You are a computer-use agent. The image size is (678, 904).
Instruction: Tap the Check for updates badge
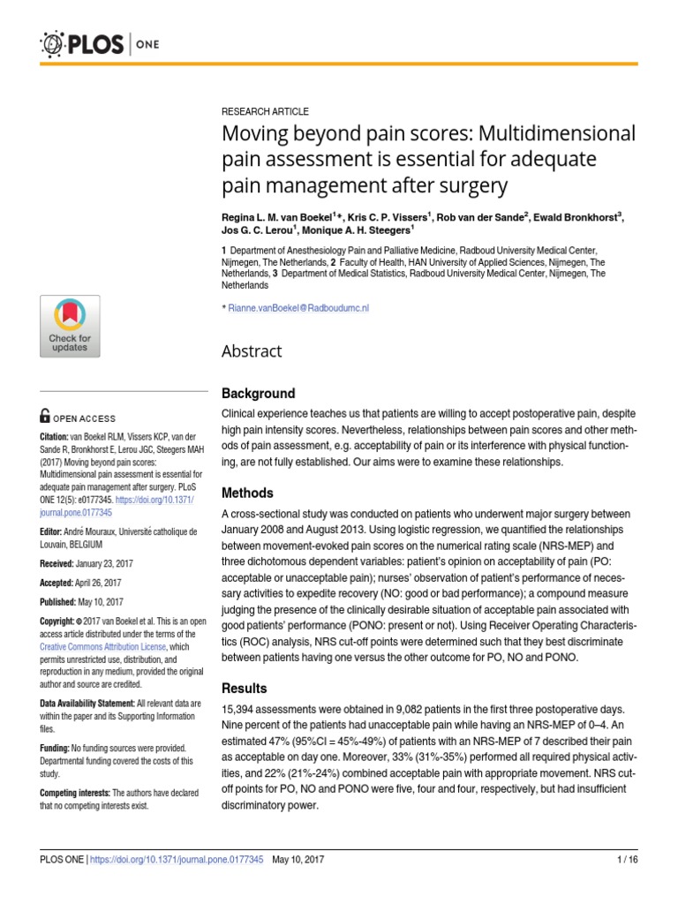coord(70,326)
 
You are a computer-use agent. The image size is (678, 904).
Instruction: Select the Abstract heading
coord(252,351)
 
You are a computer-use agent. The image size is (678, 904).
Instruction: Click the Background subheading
coord(258,393)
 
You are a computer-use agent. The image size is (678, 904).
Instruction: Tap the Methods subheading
coord(247,493)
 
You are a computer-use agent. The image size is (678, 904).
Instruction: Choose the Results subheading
coord(244,688)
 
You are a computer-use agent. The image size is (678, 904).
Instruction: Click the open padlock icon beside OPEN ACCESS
coord(45,418)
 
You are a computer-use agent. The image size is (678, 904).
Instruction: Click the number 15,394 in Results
coord(241,710)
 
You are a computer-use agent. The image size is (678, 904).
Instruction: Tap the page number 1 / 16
coord(625,860)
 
